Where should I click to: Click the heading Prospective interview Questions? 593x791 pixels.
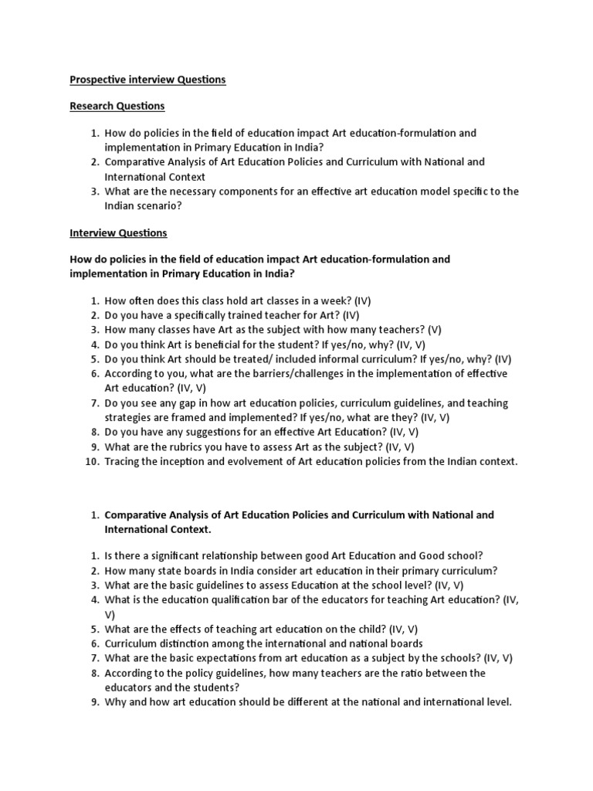pos(147,80)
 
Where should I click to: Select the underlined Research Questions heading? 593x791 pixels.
pos(117,106)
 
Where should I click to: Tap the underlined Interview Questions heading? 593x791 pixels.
pos(118,233)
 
